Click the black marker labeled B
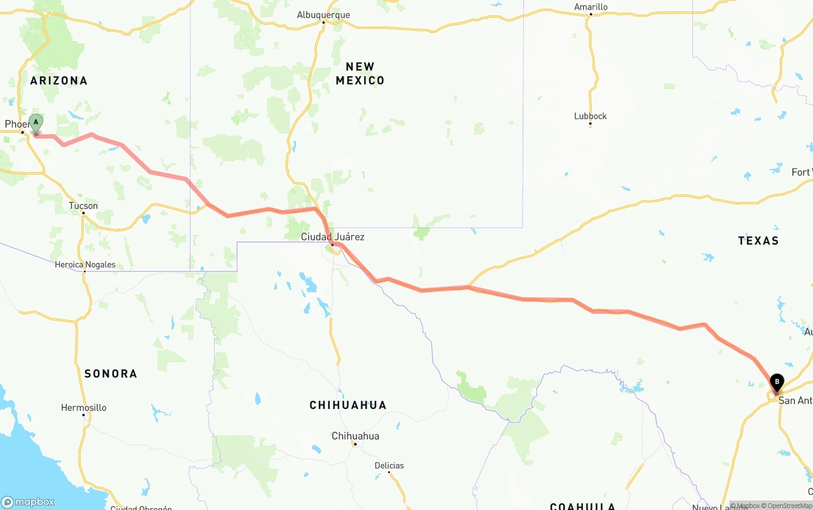click(x=776, y=382)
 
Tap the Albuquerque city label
click(x=323, y=15)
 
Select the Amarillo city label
click(x=591, y=7)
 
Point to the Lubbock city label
click(x=590, y=116)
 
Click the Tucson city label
click(x=83, y=206)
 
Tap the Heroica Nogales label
click(x=85, y=264)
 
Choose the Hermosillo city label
click(x=83, y=408)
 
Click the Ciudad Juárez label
click(x=333, y=237)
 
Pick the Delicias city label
click(x=389, y=466)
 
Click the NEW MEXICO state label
click(x=360, y=74)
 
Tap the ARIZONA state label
click(x=58, y=81)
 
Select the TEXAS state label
click(x=758, y=241)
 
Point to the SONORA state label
click(x=111, y=373)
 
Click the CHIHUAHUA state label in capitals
click(x=347, y=405)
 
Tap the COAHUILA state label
click(x=582, y=506)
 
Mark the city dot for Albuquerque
click(x=323, y=23)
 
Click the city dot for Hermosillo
click(x=83, y=415)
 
